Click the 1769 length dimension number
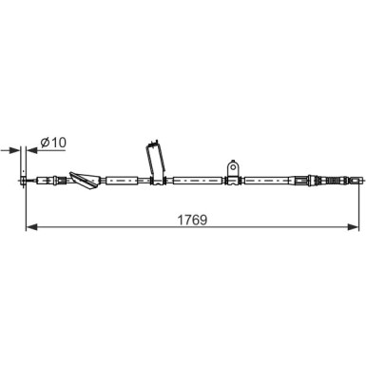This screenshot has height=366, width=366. pos(192,220)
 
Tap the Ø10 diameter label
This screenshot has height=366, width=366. pos(53,143)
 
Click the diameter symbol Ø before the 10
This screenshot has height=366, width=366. pos(46,143)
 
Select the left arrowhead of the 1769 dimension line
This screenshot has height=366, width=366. pos(31,227)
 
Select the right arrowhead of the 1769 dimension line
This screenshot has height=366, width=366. pos(353,227)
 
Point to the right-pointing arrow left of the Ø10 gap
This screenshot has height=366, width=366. pos(10,150)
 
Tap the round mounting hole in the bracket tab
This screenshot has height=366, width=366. pos(233,166)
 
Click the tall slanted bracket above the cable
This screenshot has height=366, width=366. pos(156,162)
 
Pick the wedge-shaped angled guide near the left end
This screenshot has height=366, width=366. pos(85,181)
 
